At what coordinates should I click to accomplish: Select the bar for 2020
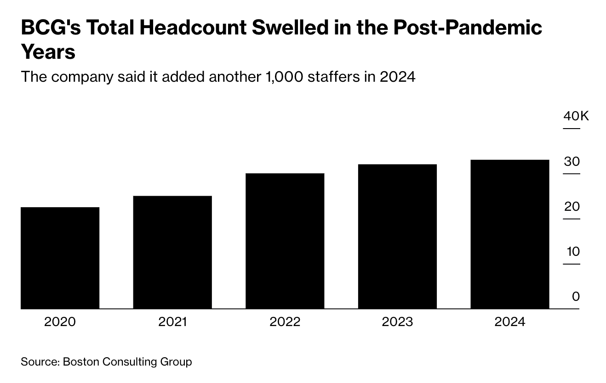point(60,258)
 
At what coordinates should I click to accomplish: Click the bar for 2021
point(172,252)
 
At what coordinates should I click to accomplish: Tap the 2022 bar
point(285,241)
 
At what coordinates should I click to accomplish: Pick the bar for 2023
point(397,236)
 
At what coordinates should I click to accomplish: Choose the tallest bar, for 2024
point(509,234)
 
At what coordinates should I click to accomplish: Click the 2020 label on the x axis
point(60,322)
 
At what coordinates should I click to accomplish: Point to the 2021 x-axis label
point(172,322)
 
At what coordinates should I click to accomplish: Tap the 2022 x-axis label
point(285,322)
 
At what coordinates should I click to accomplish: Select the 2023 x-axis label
point(397,322)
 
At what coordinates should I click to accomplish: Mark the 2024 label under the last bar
point(509,322)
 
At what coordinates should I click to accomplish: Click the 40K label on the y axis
point(576,116)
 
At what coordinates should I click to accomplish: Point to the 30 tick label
point(572,162)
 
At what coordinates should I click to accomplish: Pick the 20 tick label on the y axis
point(572,207)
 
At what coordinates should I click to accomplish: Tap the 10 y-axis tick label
point(572,252)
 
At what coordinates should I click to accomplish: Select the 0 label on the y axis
point(576,297)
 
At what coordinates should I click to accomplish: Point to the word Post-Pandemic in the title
point(468,28)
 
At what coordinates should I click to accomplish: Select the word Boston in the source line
point(81,362)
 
